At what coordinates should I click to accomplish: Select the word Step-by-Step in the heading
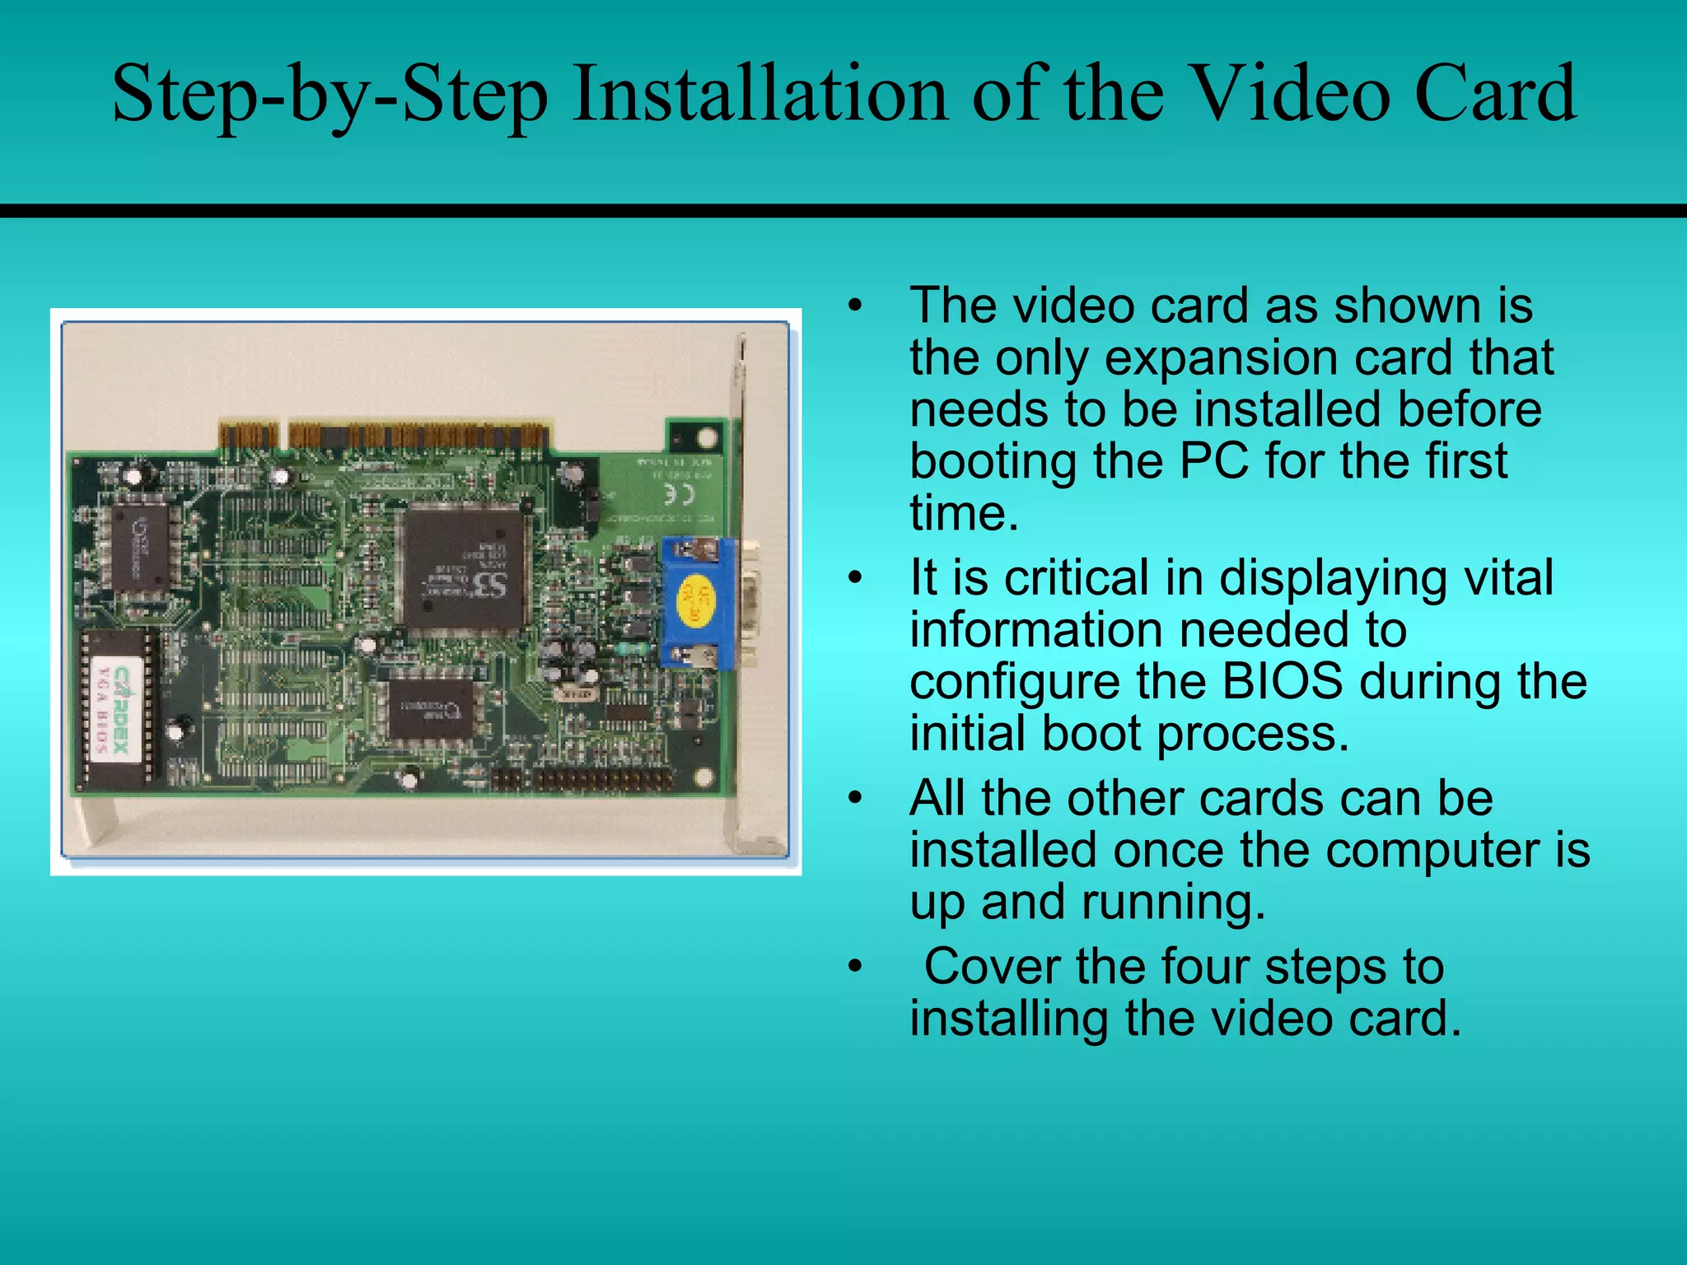(329, 95)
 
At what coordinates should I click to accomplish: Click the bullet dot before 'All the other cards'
(857, 798)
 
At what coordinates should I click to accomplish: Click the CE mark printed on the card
(679, 494)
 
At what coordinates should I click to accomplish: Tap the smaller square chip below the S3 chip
(430, 707)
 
